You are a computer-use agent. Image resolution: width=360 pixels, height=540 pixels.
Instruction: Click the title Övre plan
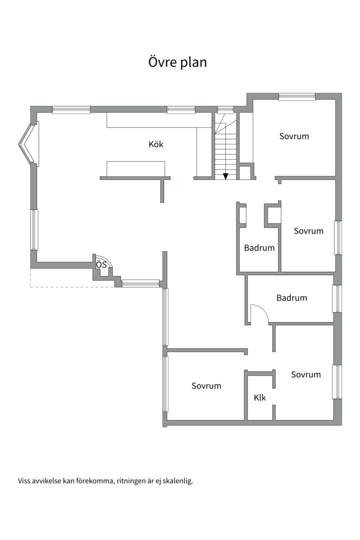tap(177, 62)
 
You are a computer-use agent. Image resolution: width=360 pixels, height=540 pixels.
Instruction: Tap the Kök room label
tap(156, 144)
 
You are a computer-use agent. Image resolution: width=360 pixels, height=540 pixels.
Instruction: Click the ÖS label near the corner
tap(101, 265)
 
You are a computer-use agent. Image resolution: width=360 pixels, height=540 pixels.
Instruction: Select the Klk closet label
tap(260, 398)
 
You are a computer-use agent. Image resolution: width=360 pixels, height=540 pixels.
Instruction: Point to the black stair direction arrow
tap(225, 176)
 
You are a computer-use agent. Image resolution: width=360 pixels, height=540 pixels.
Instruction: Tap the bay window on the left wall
tap(28, 144)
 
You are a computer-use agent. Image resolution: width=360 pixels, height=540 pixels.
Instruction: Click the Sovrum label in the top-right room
tap(294, 136)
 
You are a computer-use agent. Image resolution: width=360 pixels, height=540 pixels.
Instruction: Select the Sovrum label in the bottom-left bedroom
tap(206, 385)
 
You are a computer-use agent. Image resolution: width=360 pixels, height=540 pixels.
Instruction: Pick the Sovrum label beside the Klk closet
tap(306, 374)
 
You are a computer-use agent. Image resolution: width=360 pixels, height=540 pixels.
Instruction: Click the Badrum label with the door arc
tap(292, 297)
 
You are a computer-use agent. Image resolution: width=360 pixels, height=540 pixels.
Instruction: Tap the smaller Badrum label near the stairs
tap(259, 247)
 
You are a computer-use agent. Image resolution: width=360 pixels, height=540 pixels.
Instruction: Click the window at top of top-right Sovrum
tap(297, 97)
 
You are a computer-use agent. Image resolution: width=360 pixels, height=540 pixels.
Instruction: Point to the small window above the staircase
tap(225, 109)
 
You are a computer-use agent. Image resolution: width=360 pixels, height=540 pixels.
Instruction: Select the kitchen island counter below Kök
tap(135, 169)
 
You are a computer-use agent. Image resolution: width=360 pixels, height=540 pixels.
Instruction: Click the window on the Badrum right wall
tap(337, 298)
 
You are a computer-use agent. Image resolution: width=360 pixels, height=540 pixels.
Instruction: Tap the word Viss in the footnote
tap(24, 481)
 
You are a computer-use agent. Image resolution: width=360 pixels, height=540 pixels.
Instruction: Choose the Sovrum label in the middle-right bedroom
tap(308, 230)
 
